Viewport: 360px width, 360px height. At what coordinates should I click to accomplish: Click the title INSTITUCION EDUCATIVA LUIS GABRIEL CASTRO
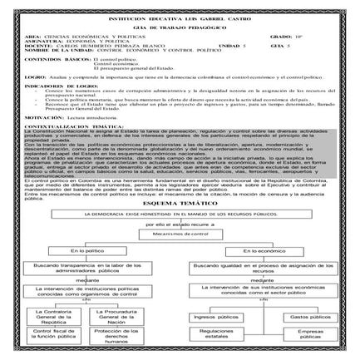point(180,16)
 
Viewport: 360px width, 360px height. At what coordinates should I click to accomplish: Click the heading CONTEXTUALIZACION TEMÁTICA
point(79,126)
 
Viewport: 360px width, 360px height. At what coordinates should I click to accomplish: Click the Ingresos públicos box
point(216,317)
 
